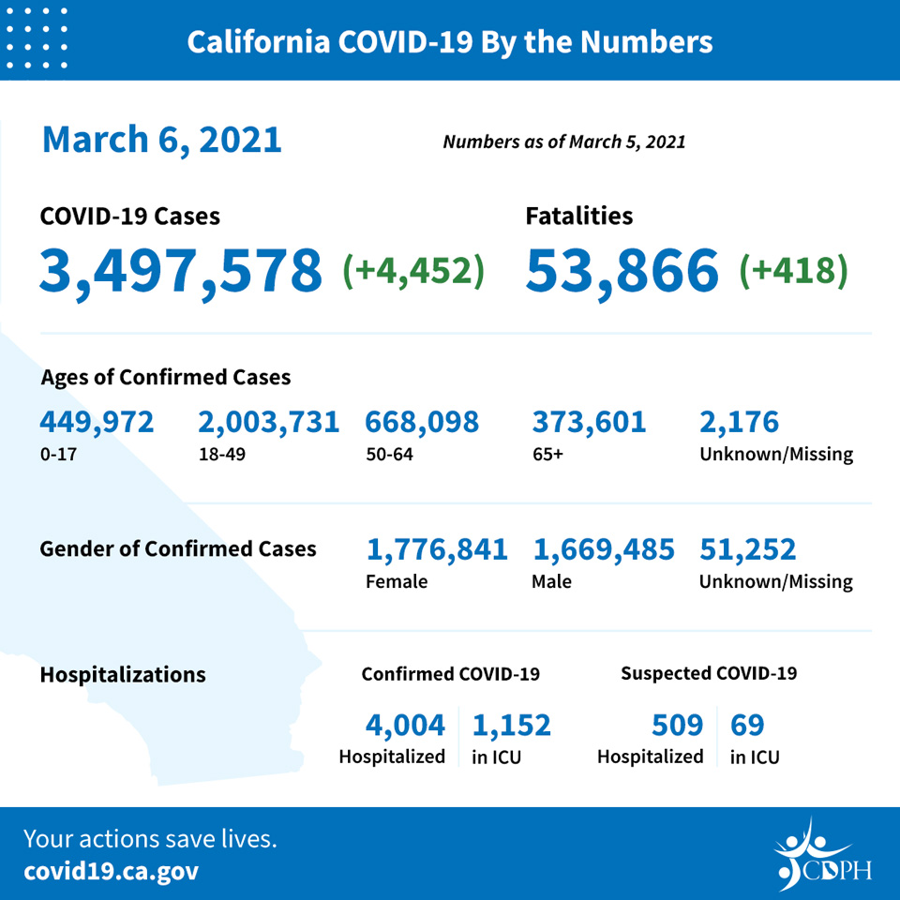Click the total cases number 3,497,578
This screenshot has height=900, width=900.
click(x=181, y=271)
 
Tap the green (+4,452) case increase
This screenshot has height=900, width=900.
click(x=413, y=270)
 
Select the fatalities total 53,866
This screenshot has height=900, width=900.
click(x=622, y=271)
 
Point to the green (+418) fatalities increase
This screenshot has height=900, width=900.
click(x=793, y=270)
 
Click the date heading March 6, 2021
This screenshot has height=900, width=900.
click(x=162, y=140)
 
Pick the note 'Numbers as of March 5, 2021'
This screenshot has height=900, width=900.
click(x=564, y=142)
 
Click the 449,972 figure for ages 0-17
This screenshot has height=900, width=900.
click(x=97, y=423)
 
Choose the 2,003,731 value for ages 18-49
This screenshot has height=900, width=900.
click(x=269, y=423)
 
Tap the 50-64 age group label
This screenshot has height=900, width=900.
click(x=389, y=455)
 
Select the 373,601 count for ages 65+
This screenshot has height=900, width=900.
click(x=589, y=423)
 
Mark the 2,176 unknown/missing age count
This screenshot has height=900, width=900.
click(x=740, y=423)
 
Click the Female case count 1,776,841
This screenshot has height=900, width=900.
click(x=437, y=550)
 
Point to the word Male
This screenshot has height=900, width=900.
click(x=551, y=581)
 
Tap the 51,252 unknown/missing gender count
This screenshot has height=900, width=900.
click(x=748, y=550)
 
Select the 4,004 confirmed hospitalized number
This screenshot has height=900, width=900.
click(x=405, y=725)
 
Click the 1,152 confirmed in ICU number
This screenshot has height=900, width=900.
click(x=512, y=725)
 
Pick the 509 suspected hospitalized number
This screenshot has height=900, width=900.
click(x=677, y=725)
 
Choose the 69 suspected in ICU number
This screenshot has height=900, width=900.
click(x=747, y=725)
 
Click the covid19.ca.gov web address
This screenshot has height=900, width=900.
click(x=112, y=871)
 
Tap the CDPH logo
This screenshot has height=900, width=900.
click(x=823, y=855)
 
